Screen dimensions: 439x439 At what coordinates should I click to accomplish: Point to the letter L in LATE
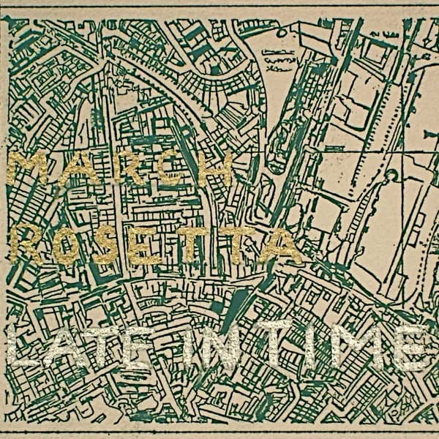[29, 348]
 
